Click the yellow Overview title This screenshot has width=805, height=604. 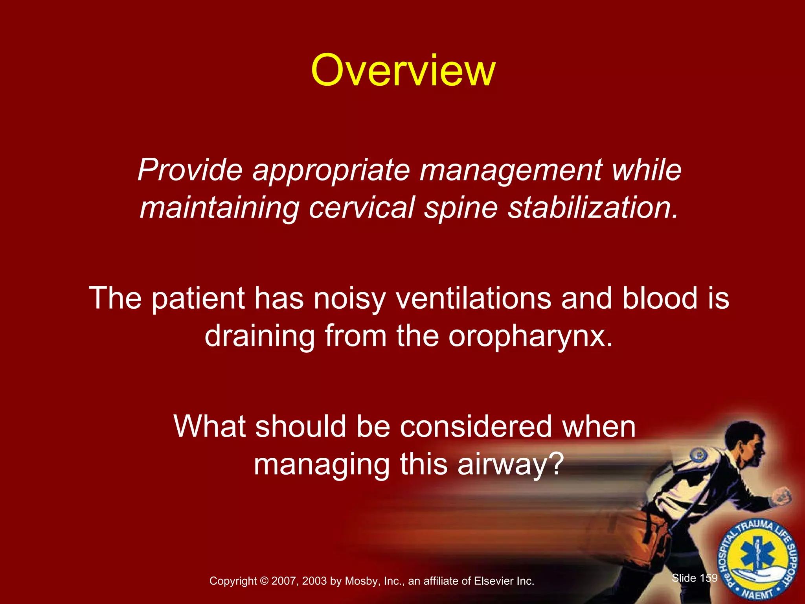403,71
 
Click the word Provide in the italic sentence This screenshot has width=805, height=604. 190,170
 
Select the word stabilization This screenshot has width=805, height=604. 594,208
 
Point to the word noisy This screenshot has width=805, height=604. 349,298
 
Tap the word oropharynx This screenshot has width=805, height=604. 531,337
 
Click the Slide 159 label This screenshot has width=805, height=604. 695,578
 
